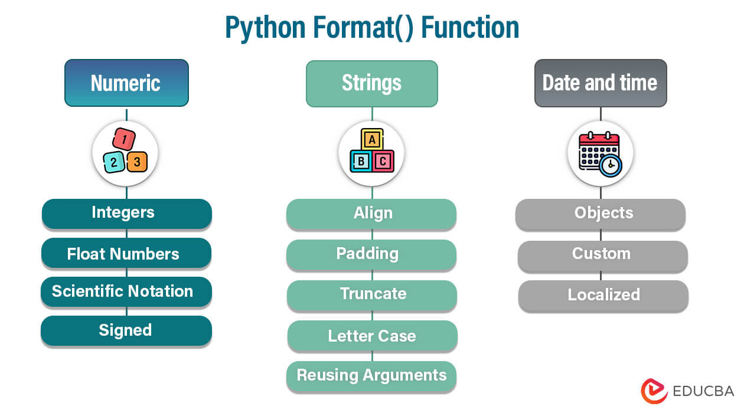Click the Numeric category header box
pyautogui.click(x=126, y=83)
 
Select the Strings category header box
pyautogui.click(x=371, y=83)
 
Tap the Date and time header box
pyautogui.click(x=600, y=83)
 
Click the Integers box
pyautogui.click(x=126, y=213)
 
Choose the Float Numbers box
pyautogui.click(x=126, y=254)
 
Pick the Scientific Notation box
pyautogui.click(x=126, y=291)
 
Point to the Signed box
pyautogui.click(x=126, y=330)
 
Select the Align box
pyautogui.click(x=371, y=214)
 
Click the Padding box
pyautogui.click(x=371, y=254)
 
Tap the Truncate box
pyautogui.click(x=372, y=294)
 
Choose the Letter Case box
pyautogui.click(x=372, y=336)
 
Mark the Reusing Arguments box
pyautogui.click(x=371, y=376)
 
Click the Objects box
pyautogui.click(x=601, y=214)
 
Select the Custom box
pyautogui.click(x=602, y=254)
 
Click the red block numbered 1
pyautogui.click(x=124, y=140)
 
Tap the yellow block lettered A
pyautogui.click(x=371, y=140)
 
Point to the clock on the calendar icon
pyautogui.click(x=610, y=166)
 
